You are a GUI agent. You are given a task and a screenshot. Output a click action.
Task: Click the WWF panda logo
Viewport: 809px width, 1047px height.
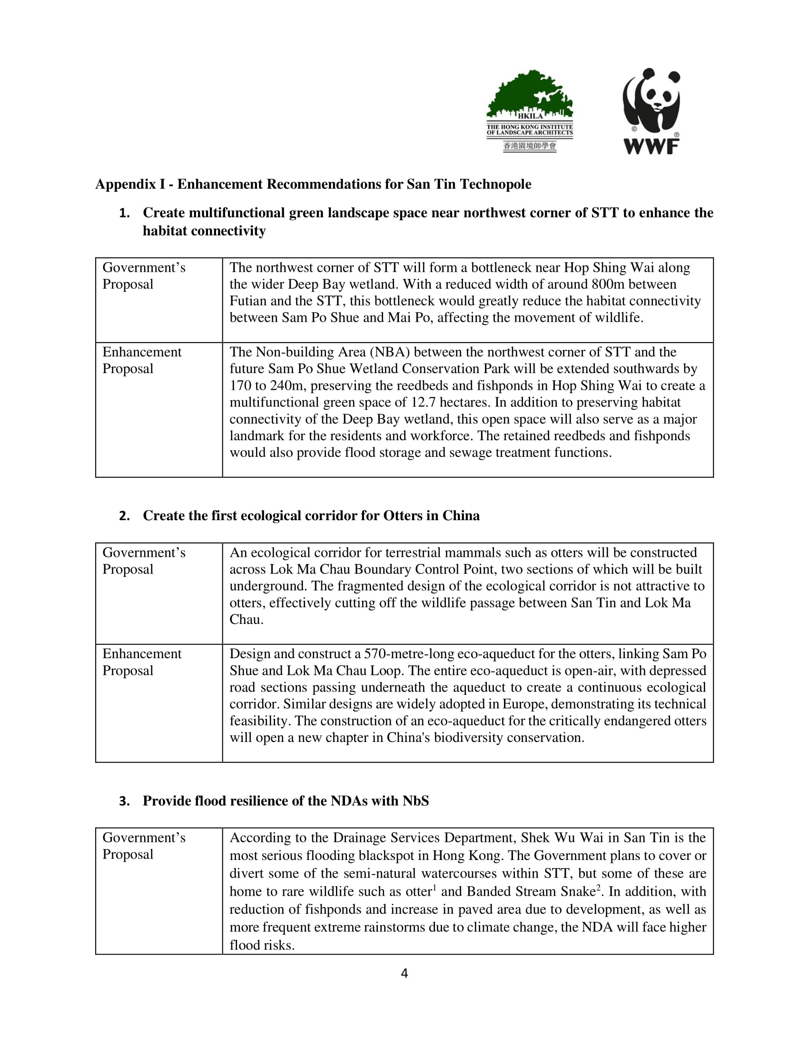click(651, 111)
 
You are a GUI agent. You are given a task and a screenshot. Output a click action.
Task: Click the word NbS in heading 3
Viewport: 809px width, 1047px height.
click(415, 801)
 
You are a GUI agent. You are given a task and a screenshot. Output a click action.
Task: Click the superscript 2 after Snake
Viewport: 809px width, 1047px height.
click(599, 888)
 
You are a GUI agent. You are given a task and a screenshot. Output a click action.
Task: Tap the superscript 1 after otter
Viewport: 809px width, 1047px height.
click(434, 888)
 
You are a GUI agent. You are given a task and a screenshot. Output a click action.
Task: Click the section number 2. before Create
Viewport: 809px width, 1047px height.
click(125, 516)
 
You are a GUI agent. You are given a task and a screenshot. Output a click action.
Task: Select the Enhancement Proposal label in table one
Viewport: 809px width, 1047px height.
click(142, 361)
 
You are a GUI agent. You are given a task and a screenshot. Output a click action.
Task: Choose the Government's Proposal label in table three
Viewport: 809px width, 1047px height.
click(144, 846)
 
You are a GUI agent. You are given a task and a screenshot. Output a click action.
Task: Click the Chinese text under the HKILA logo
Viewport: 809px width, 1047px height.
click(530, 146)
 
